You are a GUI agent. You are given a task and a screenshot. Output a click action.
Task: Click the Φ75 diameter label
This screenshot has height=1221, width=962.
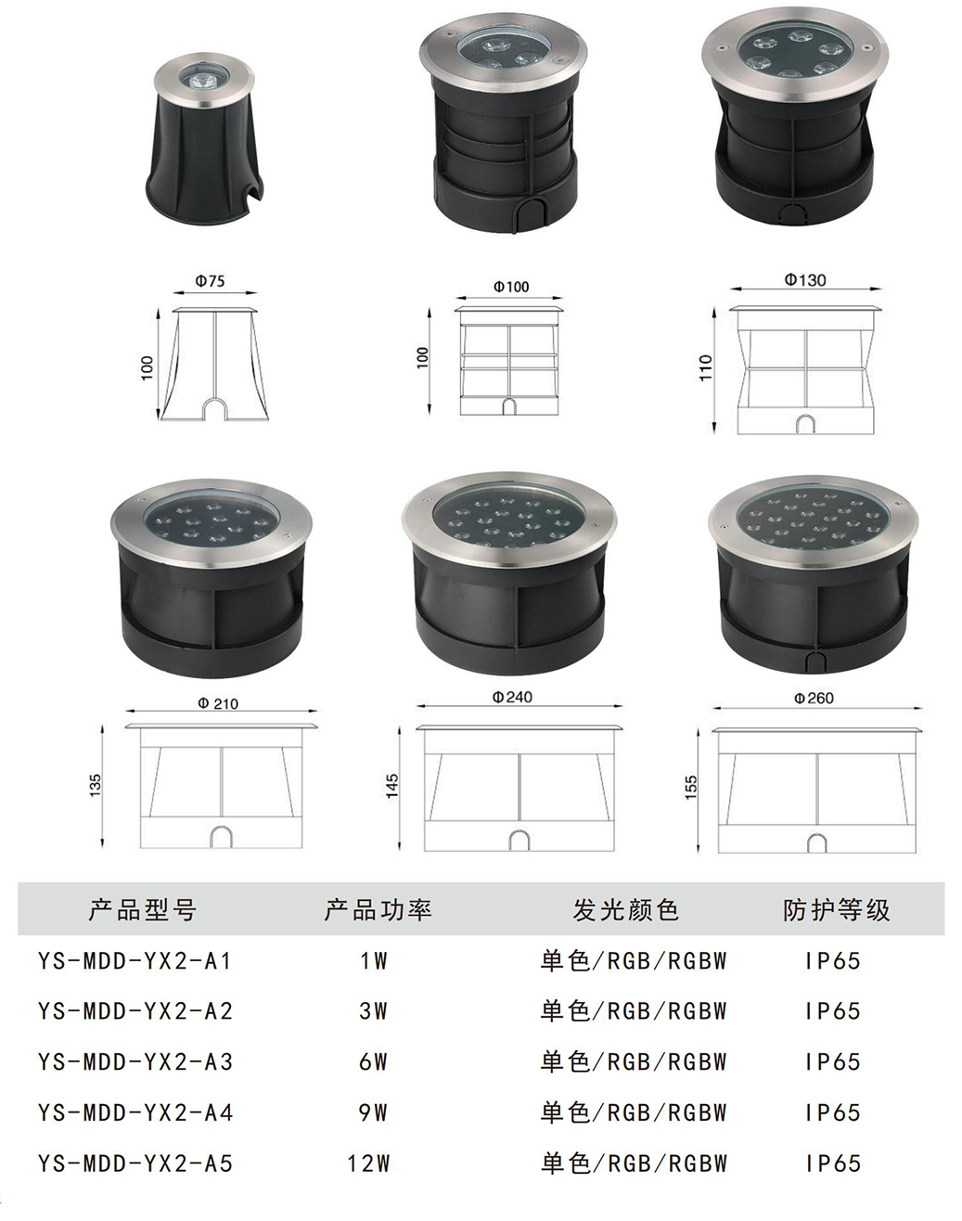pos(210,281)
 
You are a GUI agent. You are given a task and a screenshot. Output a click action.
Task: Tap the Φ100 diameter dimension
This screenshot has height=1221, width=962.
pos(511,287)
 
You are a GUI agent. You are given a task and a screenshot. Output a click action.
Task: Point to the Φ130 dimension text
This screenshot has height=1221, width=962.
pos(805,279)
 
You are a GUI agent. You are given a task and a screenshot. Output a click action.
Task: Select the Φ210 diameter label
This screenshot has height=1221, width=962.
pos(218,703)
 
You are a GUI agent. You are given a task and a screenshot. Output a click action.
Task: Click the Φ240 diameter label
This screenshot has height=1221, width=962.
pos(512,697)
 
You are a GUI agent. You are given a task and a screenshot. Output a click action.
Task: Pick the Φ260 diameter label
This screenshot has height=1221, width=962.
pos(814,698)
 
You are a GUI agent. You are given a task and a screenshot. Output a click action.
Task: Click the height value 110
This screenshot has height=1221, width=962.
pos(706,367)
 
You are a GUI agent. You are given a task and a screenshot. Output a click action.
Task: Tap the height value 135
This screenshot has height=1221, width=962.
pos(96,785)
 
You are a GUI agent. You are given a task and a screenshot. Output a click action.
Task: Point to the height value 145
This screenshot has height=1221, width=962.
pos(392,787)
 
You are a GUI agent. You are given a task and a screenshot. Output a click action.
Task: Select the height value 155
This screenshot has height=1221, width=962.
pos(691,788)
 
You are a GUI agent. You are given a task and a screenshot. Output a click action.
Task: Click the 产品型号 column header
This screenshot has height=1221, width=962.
pos(142,910)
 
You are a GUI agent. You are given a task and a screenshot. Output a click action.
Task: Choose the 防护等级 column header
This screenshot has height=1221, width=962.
pos(837,910)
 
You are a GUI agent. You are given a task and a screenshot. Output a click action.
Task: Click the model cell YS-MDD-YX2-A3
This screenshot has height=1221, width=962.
pos(135,1061)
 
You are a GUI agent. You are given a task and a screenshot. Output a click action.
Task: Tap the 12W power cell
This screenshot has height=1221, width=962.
pos(368,1163)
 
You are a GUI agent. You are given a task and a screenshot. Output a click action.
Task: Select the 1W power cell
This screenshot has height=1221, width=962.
pos(374,961)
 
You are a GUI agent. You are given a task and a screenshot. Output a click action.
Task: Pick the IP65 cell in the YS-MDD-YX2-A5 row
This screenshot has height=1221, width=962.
pos(833,1163)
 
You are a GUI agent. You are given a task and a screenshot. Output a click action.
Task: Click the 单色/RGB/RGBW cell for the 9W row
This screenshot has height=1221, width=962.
pos(633,1112)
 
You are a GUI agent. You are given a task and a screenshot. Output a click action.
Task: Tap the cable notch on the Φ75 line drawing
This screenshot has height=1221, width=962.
pos(215,408)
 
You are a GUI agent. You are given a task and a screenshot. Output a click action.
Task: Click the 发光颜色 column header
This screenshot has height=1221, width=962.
pos(625,910)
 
